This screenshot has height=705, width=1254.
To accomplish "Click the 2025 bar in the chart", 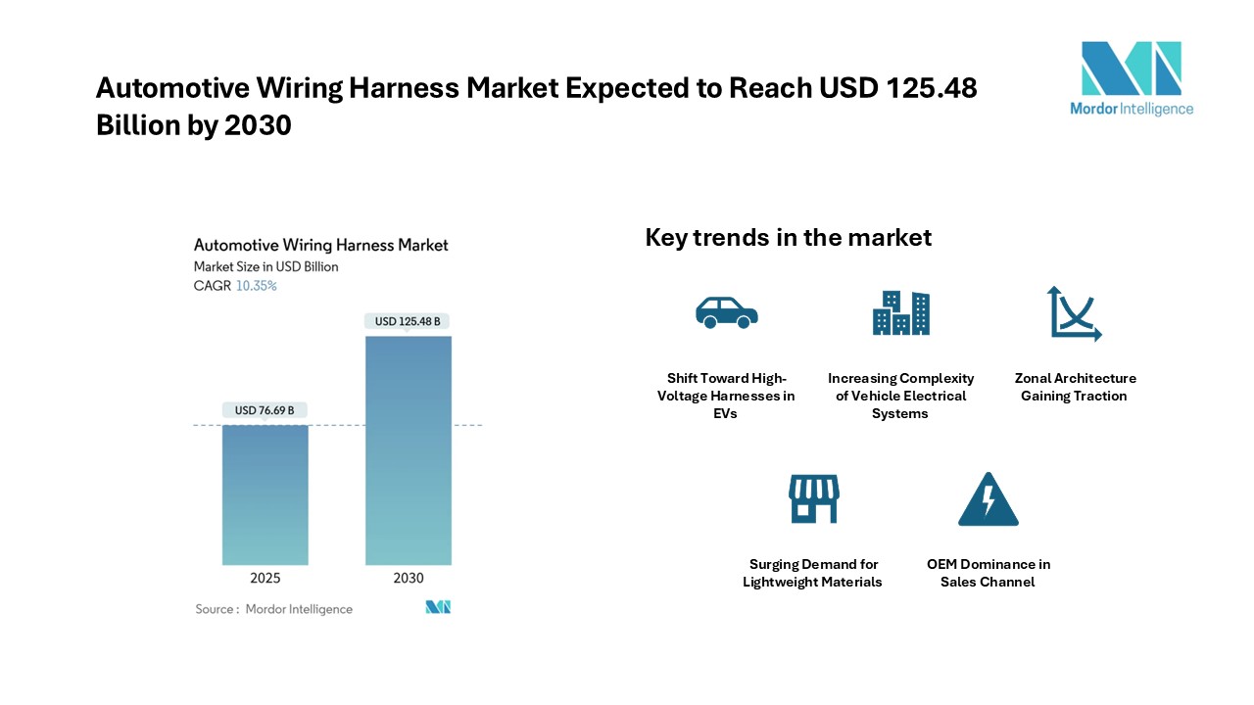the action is tap(265, 494).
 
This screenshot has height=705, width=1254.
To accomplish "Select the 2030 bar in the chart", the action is tap(409, 450).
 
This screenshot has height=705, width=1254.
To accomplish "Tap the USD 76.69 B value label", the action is tap(265, 410).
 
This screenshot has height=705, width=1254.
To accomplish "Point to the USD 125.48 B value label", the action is tap(407, 321).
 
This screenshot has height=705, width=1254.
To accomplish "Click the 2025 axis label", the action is tap(265, 578).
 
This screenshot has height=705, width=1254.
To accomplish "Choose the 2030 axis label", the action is tap(409, 578).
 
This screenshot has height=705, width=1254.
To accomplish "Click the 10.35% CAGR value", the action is tap(257, 286).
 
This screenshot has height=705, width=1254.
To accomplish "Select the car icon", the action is tap(727, 312).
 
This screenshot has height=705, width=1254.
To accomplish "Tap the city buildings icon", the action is tap(900, 312).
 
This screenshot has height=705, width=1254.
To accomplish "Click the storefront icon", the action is tap(814, 499).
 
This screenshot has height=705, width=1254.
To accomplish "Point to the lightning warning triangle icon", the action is tap(989, 499).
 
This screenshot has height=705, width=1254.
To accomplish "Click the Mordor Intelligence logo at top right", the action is tap(1132, 78).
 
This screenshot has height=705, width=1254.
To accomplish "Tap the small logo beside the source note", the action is tap(438, 607).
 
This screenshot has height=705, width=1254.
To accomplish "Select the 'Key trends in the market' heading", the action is tap(789, 237).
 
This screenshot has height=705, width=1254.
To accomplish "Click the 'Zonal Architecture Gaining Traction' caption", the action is tap(1075, 387).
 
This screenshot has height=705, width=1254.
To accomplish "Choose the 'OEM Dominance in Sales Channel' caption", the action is tap(989, 573).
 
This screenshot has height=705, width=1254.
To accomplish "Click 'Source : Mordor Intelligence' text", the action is tap(273, 609).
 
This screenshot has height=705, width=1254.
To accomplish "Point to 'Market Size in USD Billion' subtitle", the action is tap(265, 267).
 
